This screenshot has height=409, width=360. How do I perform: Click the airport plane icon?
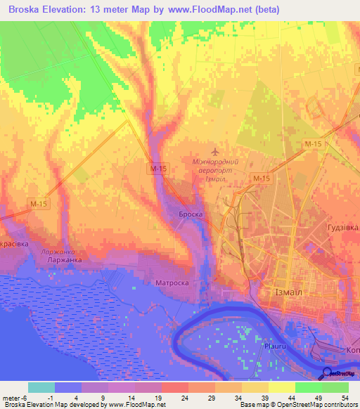[215, 151]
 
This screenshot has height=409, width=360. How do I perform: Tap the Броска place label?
[191, 214]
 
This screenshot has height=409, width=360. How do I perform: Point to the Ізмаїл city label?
[291, 293]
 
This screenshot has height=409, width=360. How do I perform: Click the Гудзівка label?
[343, 228]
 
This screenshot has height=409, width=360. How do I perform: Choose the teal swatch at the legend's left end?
[41, 387]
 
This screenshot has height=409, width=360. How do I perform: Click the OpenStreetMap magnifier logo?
[328, 374]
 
